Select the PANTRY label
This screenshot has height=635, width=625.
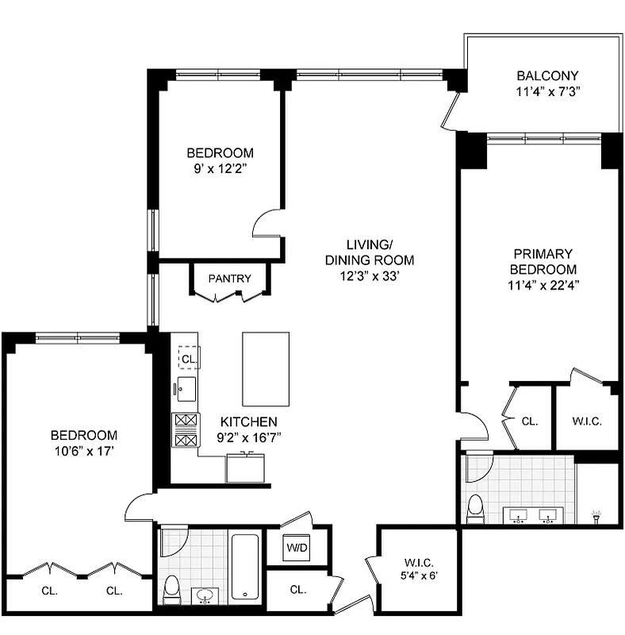[x=229, y=279]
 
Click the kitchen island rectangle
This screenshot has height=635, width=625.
[x=266, y=368]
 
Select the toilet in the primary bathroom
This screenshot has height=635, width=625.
[x=476, y=508]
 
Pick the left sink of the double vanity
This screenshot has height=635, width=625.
[x=519, y=517]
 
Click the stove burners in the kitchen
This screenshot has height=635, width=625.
[x=185, y=429]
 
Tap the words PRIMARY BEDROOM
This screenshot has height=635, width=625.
[x=543, y=262]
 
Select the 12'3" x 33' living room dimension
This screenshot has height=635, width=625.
[x=370, y=275]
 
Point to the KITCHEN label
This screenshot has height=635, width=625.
[x=249, y=421]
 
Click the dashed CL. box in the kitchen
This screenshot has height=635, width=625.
[x=188, y=359]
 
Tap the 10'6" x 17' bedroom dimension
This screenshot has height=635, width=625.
[x=83, y=450]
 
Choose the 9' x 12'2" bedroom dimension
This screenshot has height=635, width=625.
[x=220, y=167]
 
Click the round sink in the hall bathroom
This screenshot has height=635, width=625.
[x=206, y=595]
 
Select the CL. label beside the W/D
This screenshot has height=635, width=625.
[x=298, y=590]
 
